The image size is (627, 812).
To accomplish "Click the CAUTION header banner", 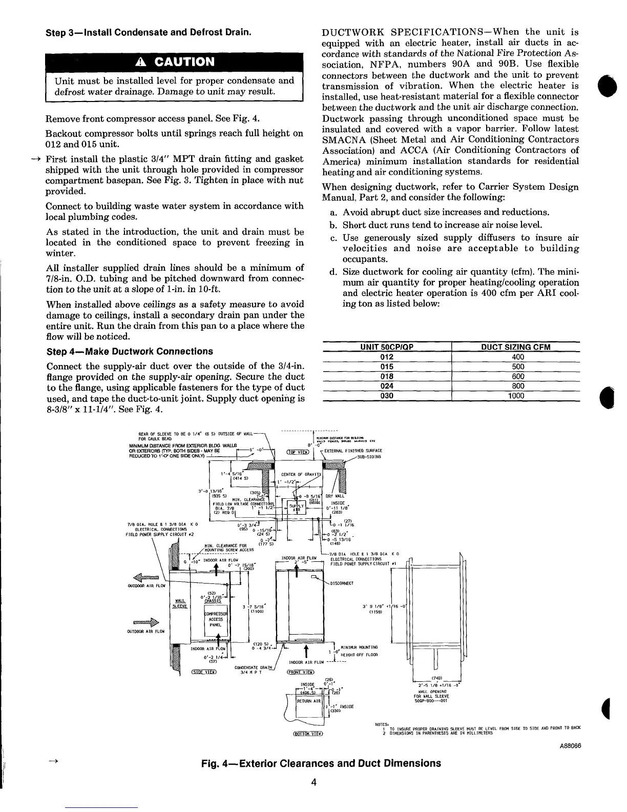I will (175, 62).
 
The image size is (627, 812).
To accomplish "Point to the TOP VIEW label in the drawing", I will (298, 452).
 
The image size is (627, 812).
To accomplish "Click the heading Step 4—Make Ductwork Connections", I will (129, 351).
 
